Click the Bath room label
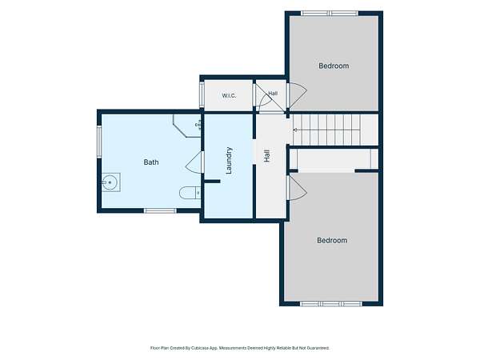coord(151,162)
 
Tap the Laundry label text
coord(229,161)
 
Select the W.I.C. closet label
coord(229,95)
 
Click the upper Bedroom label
coord(334,66)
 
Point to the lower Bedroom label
coord(332,240)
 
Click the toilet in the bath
coord(190,193)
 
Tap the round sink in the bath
coord(110,182)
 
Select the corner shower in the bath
coord(186,126)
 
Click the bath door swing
coord(194,162)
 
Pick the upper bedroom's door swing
coord(298,95)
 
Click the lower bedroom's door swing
coord(298,188)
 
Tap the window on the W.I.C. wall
coord(202,94)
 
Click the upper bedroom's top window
coord(330,13)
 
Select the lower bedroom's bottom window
coord(331,304)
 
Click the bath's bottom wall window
coord(160,210)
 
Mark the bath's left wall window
coord(99,142)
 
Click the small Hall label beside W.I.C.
coord(273,93)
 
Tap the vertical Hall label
coord(267,156)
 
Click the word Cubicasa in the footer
coord(200,348)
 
